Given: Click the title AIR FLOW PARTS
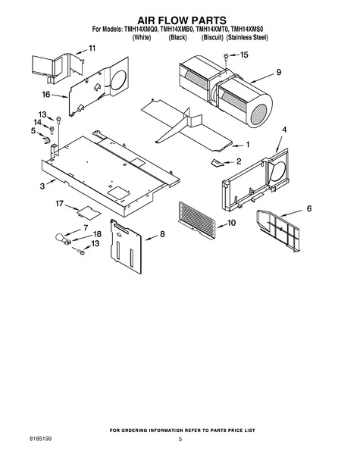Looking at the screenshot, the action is click(182, 20).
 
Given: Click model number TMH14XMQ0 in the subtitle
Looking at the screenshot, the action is click(140, 30).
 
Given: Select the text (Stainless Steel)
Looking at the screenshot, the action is click(247, 38).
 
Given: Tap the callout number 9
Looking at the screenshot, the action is click(279, 72).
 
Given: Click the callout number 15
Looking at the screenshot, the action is click(244, 55).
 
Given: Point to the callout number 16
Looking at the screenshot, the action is click(46, 95).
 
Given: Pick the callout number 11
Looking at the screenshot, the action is click(92, 48).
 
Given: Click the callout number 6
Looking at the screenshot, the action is click(309, 208).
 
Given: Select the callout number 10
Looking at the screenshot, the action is click(231, 222).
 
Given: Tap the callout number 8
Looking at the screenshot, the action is click(162, 234).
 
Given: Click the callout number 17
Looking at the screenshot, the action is click(59, 203).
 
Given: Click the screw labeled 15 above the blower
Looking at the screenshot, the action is click(226, 57).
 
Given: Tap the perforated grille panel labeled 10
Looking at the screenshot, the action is click(196, 219).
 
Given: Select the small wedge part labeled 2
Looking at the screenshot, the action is click(217, 162).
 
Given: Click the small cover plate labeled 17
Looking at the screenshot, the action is click(89, 211).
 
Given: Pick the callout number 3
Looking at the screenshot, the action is click(42, 186).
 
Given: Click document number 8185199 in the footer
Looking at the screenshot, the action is click(40, 439).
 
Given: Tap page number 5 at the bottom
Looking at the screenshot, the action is click(180, 439).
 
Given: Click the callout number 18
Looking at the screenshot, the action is click(97, 234).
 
